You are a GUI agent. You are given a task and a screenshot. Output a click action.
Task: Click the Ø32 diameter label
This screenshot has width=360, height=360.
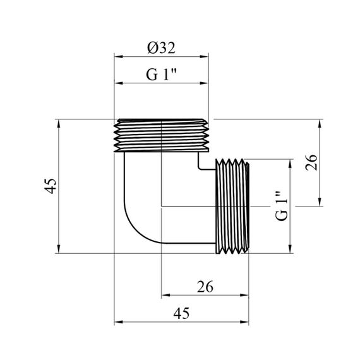point(161,48)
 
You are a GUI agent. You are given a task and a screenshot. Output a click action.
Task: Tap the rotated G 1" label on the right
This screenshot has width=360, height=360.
point(282,205)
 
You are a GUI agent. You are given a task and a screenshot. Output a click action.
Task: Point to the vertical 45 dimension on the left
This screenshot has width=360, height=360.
point(51,186)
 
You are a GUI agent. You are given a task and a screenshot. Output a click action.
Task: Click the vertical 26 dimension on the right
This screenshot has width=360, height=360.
point(311,162)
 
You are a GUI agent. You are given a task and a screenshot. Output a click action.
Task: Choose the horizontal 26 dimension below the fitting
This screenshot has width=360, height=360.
point(205,287)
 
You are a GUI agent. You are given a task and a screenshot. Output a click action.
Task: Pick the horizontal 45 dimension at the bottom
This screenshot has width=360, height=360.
point(181,313)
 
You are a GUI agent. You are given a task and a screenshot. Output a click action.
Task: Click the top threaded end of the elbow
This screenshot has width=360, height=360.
point(162,135)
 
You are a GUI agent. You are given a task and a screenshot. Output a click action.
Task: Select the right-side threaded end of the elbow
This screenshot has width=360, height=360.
point(232,206)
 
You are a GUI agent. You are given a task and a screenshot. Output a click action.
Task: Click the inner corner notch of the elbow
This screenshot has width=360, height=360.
point(199,169)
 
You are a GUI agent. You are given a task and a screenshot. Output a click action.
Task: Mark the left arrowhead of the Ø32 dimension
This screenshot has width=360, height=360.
point(119,56)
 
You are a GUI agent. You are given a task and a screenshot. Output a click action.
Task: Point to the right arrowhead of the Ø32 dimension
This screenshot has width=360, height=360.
point(204,56)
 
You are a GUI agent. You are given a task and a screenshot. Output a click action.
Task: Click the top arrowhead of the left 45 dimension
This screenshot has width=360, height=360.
point(59,124)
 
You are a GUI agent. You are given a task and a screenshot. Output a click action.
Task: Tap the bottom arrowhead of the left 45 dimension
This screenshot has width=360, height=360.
point(59,249)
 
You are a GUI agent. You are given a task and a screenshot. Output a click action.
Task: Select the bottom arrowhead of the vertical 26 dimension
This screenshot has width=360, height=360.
point(320,202)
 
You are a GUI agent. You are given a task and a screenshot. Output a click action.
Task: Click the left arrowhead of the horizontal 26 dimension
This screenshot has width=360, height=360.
point(165,295)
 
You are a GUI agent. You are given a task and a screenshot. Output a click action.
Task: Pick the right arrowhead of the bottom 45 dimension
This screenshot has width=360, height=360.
point(244,322)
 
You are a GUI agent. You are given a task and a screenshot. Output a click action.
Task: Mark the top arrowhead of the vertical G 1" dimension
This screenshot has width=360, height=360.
point(290,163)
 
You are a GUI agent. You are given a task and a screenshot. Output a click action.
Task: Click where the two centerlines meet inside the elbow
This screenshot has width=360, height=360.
point(162,206)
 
